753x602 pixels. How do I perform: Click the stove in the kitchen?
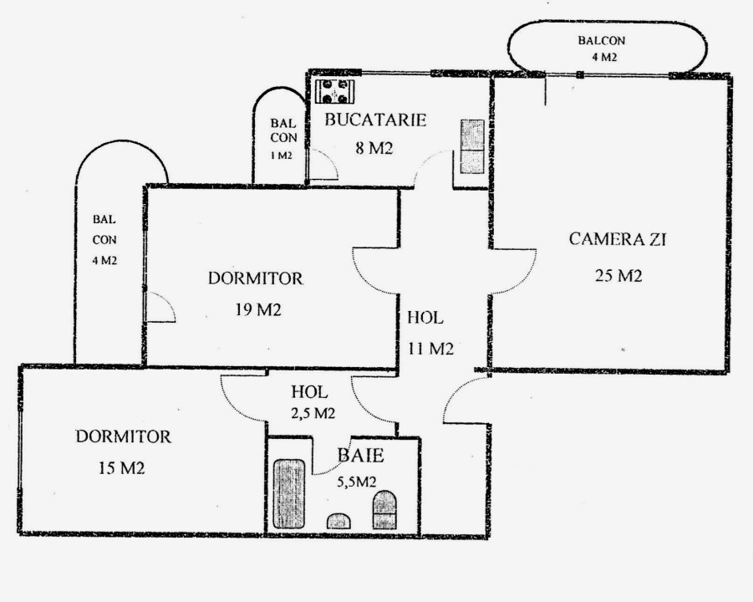(x=335, y=91)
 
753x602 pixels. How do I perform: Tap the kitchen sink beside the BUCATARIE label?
(x=472, y=146)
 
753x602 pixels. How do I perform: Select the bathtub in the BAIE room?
(x=289, y=494)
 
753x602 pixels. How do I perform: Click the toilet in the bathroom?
(x=384, y=510)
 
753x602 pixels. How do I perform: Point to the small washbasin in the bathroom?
(x=338, y=521)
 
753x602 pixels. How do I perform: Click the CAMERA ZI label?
(x=618, y=239)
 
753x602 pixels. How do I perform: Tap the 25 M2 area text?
(x=618, y=276)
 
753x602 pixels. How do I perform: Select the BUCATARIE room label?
(x=375, y=120)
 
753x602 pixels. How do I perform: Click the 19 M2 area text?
(x=258, y=310)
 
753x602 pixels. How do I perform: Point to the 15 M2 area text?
(x=121, y=468)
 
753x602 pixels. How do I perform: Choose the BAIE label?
(x=361, y=456)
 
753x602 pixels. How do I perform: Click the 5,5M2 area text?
(x=356, y=482)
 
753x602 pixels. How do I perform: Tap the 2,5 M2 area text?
(x=313, y=413)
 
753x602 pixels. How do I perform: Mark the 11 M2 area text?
(x=430, y=349)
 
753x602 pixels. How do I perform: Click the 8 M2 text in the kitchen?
(x=374, y=149)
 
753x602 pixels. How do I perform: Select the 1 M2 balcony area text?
(x=282, y=156)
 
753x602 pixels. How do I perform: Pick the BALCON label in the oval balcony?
(x=601, y=40)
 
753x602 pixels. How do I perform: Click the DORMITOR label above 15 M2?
(x=124, y=436)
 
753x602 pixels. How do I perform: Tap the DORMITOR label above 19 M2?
(x=256, y=278)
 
